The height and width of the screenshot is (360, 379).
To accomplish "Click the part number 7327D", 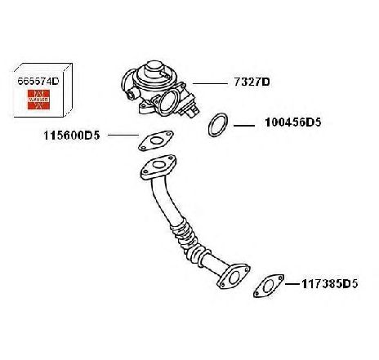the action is pyautogui.click(x=252, y=82).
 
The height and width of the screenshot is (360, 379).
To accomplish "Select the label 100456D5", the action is pyautogui.click(x=293, y=122).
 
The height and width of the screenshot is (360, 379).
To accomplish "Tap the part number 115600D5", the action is pyautogui.click(x=72, y=136).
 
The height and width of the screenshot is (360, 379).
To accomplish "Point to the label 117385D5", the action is pyautogui.click(x=329, y=284).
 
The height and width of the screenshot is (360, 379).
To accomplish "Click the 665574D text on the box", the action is pyautogui.click(x=38, y=81).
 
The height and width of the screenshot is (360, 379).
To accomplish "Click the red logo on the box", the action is pyautogui.click(x=38, y=100).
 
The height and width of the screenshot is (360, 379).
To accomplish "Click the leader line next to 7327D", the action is pyautogui.click(x=210, y=83).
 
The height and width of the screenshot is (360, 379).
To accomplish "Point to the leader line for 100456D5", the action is pyautogui.click(x=244, y=126).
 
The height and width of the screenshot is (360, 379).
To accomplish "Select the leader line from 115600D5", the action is pyautogui.click(x=123, y=135).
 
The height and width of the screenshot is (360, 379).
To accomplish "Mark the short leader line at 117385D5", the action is pyautogui.click(x=293, y=284).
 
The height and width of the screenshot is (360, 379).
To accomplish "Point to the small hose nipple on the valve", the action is pyautogui.click(x=131, y=94).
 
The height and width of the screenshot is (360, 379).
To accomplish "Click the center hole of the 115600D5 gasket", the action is pyautogui.click(x=156, y=140).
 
